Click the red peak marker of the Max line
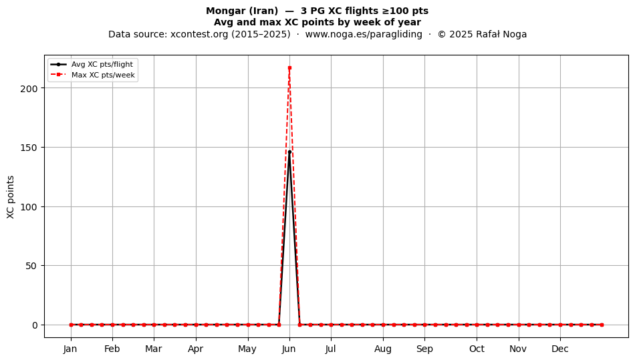point(289,68)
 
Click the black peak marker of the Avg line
point(289,152)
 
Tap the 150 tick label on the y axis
point(29,148)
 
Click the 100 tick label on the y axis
point(29,207)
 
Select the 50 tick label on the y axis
point(32,266)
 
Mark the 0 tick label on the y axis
point(35,325)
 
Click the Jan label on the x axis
point(70,349)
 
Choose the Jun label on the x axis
point(289,349)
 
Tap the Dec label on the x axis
point(560,349)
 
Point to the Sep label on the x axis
point(424,349)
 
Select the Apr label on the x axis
point(196,349)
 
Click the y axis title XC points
point(11,197)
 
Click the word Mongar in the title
point(225,11)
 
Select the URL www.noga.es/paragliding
point(364,34)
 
